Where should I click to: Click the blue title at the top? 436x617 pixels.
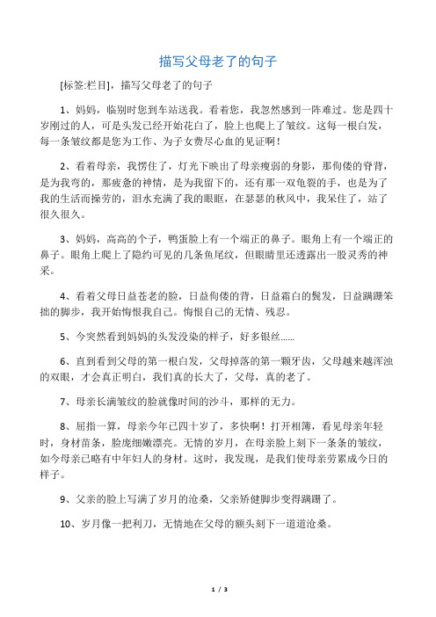[218, 62]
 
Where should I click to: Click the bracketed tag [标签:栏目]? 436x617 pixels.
[82, 85]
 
